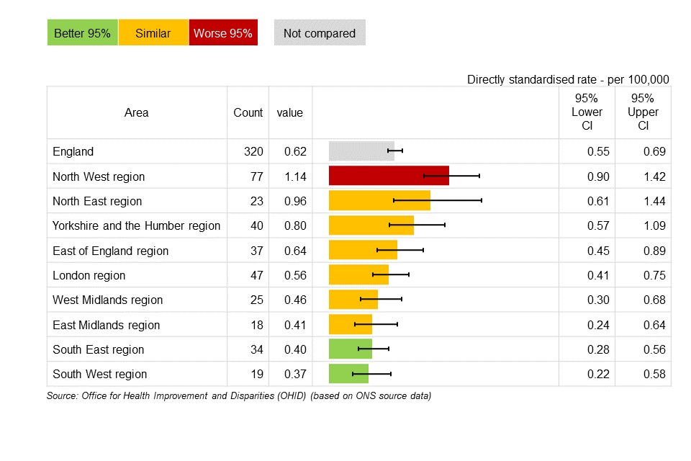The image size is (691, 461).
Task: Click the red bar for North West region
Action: pyautogui.click(x=389, y=176)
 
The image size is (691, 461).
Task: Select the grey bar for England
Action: pyautogui.click(x=361, y=151)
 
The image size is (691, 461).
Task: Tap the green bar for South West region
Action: pyautogui.click(x=348, y=374)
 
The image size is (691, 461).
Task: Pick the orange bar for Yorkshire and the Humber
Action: pyautogui.click(x=371, y=225)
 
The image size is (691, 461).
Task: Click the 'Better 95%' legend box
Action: pyautogui.click(x=82, y=33)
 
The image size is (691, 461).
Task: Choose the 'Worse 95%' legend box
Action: pyautogui.click(x=223, y=33)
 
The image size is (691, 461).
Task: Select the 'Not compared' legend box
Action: pyautogui.click(x=320, y=33)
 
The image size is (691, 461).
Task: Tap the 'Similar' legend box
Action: pyautogui.click(x=153, y=33)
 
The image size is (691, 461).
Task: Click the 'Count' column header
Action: pyautogui.click(x=248, y=112)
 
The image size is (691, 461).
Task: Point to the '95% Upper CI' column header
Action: pyautogui.click(x=643, y=112)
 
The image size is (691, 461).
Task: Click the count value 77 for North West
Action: pyautogui.click(x=257, y=176)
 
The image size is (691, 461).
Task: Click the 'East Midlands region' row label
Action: pyautogui.click(x=107, y=325)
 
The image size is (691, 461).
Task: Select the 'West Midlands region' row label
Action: pyautogui.click(x=108, y=300)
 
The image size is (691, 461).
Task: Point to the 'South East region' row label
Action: pyautogui.click(x=99, y=349)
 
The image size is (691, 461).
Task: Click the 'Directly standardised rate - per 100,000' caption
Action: pyautogui.click(x=568, y=79)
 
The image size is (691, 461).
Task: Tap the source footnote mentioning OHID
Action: pyautogui.click(x=238, y=395)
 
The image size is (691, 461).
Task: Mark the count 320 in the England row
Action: pyautogui.click(x=253, y=151)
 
